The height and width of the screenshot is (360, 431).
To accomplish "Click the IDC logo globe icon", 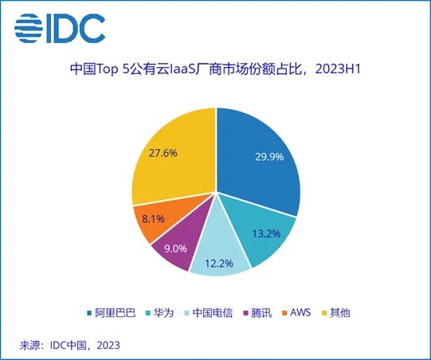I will click(31, 29).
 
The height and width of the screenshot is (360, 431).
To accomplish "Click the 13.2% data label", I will click(264, 234).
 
